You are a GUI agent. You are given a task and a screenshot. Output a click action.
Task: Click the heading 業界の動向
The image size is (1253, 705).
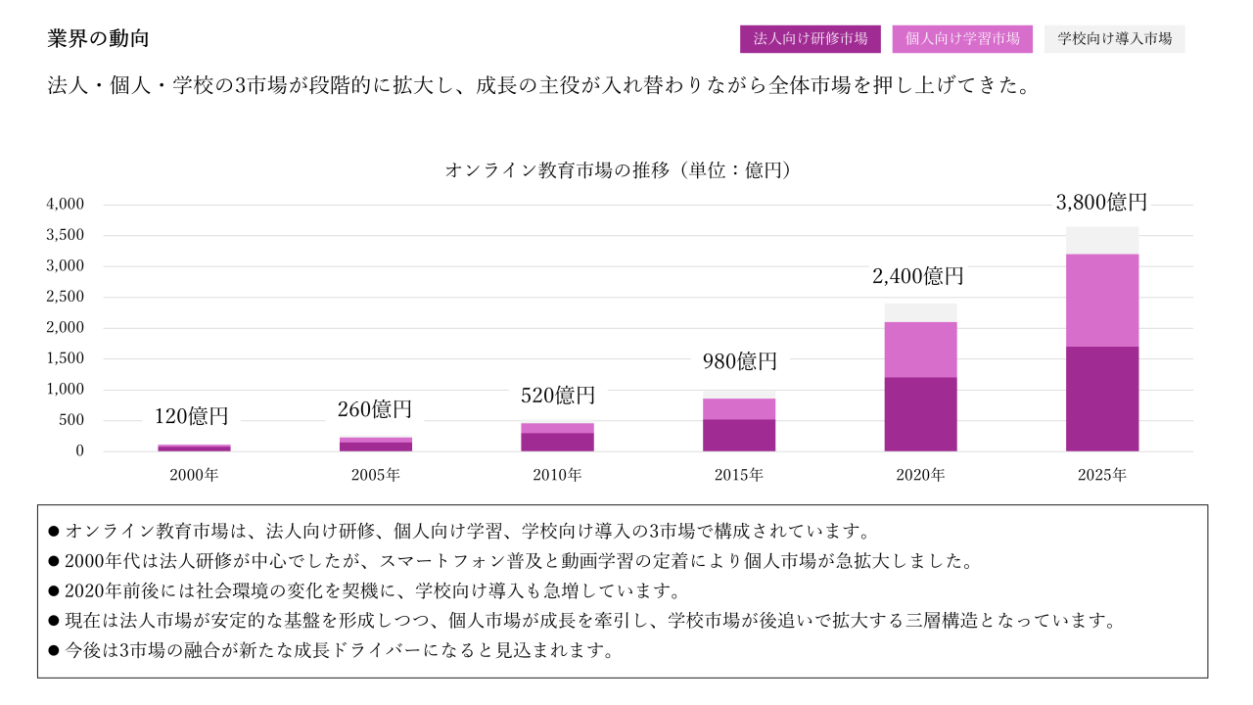pos(98,39)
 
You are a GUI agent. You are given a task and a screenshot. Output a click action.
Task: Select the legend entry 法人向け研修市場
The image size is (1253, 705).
pos(810,39)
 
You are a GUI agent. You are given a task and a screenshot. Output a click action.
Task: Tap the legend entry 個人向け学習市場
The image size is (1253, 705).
pos(962,39)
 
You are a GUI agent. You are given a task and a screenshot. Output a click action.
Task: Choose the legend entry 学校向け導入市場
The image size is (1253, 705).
pos(1115,39)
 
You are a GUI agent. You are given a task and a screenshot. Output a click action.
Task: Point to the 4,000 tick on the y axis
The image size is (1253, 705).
pos(66,205)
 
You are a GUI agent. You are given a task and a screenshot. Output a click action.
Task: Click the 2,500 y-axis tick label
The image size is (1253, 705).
pos(66,297)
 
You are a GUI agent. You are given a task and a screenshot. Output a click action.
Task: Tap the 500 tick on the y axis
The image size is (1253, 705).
pos(73,420)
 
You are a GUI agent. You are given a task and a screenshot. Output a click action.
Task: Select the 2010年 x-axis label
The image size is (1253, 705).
pos(557,476)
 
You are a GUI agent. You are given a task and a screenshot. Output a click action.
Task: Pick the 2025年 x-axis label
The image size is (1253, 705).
pos(1102,476)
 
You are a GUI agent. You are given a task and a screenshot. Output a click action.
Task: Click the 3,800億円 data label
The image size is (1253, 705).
pos(1101,203)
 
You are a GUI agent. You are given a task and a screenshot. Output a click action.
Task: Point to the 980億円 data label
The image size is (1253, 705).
pos(739,361)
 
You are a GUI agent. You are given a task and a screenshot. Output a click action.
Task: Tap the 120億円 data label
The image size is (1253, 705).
pos(192,416)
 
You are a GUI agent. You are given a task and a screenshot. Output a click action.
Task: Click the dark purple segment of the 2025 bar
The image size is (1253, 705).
pos(1102,399)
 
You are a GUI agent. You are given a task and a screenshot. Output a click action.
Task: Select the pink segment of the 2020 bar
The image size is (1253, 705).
pos(920,350)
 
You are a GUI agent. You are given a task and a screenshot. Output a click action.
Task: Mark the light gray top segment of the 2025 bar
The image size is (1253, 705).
pos(1102,240)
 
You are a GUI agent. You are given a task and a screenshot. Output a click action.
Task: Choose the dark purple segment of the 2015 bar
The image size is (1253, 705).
pos(739,435)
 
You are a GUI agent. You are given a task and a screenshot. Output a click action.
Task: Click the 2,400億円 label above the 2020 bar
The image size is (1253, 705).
pos(918,276)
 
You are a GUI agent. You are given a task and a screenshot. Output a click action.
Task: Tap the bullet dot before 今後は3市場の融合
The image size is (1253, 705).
pos(54,651)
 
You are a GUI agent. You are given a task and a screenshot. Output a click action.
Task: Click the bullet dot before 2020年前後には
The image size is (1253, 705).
pos(54,591)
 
